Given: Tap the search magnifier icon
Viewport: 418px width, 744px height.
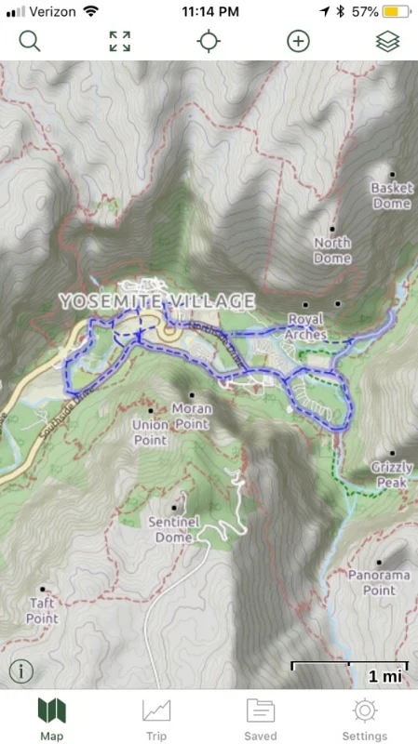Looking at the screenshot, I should pyautogui.click(x=30, y=41).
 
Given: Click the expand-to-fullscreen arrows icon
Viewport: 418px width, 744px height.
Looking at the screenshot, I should pyautogui.click(x=119, y=41).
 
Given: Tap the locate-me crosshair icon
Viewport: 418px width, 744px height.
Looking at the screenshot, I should pyautogui.click(x=209, y=41).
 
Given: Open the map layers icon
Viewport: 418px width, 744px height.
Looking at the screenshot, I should pyautogui.click(x=387, y=41).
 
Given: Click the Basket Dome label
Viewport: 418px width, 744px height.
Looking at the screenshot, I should pyautogui.click(x=391, y=195).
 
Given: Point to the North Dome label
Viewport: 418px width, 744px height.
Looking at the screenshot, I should pyautogui.click(x=332, y=249).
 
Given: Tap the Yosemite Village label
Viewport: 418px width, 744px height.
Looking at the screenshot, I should pyautogui.click(x=156, y=300).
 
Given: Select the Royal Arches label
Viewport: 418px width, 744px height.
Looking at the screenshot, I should pyautogui.click(x=306, y=325).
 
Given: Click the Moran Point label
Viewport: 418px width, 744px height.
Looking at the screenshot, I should pyautogui.click(x=192, y=416).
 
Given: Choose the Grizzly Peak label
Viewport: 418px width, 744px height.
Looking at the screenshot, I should pyautogui.click(x=391, y=474).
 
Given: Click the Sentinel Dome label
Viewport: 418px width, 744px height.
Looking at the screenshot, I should pyautogui.click(x=173, y=529).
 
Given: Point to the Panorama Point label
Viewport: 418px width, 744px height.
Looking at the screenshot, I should pyautogui.click(x=379, y=582).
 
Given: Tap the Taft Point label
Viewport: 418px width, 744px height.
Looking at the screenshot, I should pyautogui.click(x=42, y=610).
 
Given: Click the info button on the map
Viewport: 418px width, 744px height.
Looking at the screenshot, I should pyautogui.click(x=20, y=670).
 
